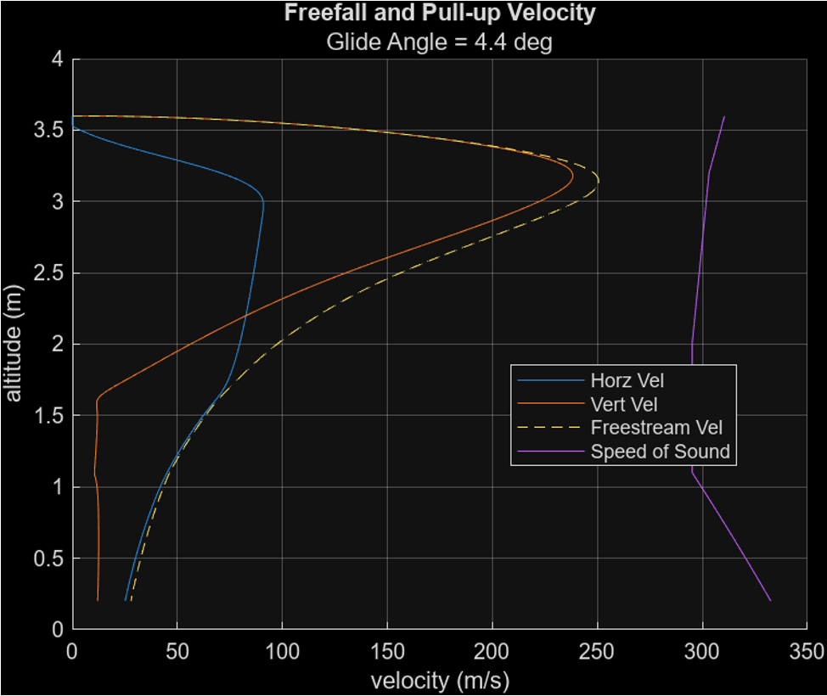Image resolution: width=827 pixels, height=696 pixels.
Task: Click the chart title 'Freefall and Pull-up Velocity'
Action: [439, 14]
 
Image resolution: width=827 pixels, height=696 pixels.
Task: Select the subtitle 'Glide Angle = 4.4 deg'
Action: [439, 42]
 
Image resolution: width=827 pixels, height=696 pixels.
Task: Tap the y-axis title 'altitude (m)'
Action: [14, 344]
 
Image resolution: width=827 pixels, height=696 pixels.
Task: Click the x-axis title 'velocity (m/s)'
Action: [439, 680]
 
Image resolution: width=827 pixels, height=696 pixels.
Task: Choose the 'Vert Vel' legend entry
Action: [623, 404]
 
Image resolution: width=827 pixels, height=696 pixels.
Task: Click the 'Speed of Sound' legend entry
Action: [660, 451]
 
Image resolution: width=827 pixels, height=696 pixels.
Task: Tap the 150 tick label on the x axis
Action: [387, 651]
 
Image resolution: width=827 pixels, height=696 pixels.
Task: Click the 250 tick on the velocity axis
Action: [597, 651]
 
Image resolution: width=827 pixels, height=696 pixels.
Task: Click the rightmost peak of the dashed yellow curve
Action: [599, 180]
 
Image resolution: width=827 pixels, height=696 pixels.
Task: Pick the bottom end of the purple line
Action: [770, 600]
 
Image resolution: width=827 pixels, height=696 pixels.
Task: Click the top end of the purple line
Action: [724, 116]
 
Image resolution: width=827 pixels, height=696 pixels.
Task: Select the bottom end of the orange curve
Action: [98, 600]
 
